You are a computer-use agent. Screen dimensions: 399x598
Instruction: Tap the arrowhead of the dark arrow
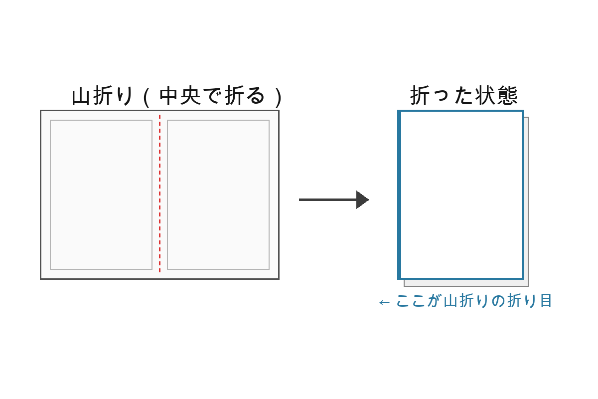click(x=362, y=199)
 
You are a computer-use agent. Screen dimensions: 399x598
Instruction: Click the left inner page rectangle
click(x=101, y=195)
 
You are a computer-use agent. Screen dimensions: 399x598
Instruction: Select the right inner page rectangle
click(x=218, y=195)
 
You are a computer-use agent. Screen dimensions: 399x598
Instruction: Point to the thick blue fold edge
click(x=399, y=195)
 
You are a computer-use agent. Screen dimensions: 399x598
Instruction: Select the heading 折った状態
click(x=464, y=95)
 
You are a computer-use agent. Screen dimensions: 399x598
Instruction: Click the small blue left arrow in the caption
click(x=384, y=302)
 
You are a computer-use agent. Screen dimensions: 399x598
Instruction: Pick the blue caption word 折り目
click(x=530, y=301)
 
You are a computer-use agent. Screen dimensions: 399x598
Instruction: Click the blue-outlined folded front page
click(x=461, y=195)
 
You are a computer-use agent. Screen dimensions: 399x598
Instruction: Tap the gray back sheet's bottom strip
click(x=466, y=283)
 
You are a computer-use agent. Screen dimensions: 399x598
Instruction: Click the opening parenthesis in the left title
click(x=146, y=96)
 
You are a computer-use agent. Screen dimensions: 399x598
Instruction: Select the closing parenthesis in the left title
click(x=279, y=96)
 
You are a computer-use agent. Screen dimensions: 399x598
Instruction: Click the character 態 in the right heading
click(x=507, y=95)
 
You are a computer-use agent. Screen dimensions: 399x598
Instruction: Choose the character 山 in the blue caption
click(x=450, y=301)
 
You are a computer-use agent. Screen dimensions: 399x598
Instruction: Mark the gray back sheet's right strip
click(x=526, y=199)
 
